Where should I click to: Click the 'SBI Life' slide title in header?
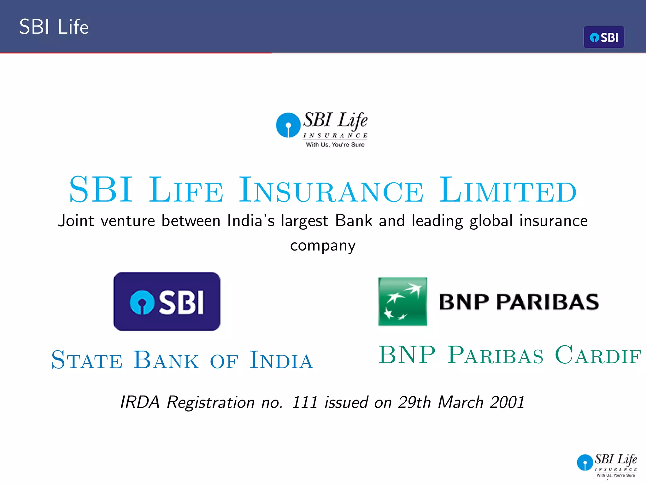[x=54, y=27]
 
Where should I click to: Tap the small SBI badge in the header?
[x=604, y=37]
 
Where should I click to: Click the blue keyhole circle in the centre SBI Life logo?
[x=288, y=125]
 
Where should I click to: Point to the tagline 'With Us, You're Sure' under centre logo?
[x=335, y=145]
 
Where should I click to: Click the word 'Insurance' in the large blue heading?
[x=331, y=190]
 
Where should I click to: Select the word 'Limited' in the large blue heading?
[x=508, y=190]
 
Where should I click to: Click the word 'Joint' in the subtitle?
[x=76, y=221]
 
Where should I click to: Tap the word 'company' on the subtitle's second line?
[x=323, y=246]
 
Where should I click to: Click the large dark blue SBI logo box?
[x=167, y=302]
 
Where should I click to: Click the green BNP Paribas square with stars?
[x=403, y=302]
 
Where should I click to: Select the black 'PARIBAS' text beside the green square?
[x=547, y=302]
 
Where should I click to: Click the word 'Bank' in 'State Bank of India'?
[x=166, y=360]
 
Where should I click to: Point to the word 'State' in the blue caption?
[x=87, y=360]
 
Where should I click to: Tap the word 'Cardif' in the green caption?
[x=598, y=355]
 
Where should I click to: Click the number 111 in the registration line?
[x=304, y=402]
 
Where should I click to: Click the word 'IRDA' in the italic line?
[x=140, y=402]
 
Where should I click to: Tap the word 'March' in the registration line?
[x=461, y=402]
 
